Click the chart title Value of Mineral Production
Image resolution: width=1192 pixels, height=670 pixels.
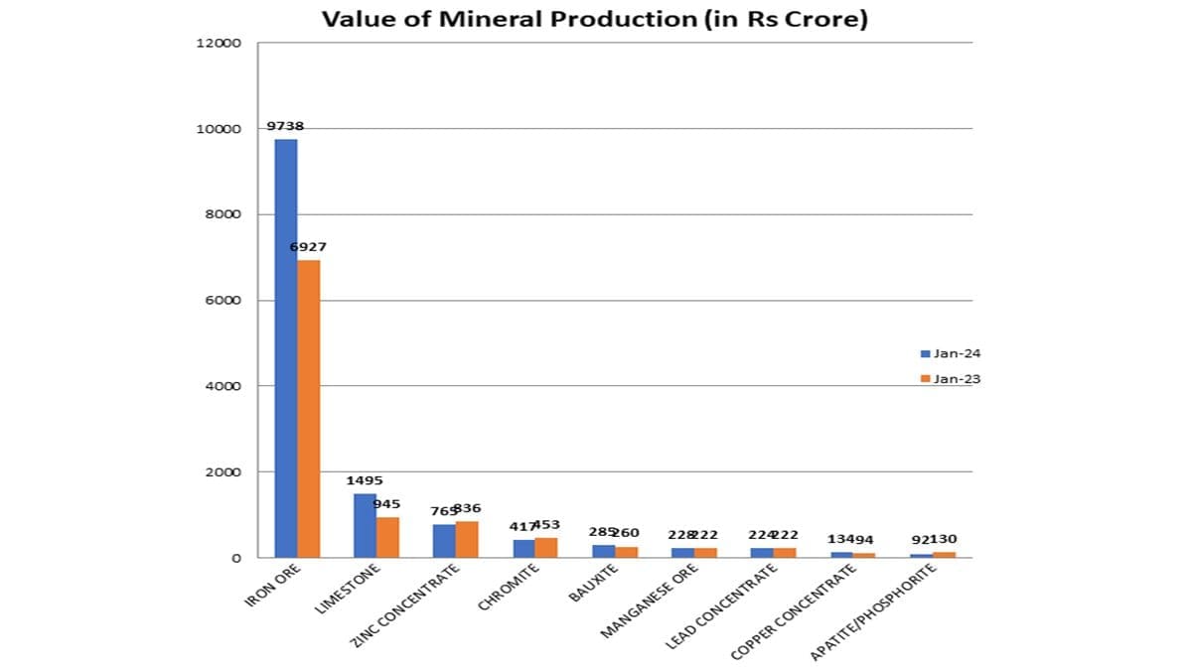594,20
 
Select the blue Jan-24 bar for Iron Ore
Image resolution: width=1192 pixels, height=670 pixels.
285,347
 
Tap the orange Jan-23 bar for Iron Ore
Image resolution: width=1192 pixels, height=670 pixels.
308,408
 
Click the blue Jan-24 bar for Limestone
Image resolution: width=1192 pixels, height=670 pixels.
365,525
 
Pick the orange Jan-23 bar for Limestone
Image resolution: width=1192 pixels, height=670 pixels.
387,537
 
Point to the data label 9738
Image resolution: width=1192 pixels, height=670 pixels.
285,126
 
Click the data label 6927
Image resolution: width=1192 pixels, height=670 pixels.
308,246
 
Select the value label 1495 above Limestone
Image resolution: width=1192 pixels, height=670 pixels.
365,480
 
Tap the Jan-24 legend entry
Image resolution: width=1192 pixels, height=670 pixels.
951,353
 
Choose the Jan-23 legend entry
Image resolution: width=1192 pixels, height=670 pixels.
951,378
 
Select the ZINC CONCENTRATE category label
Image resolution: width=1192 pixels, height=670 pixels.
406,605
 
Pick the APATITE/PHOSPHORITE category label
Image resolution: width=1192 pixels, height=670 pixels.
873,611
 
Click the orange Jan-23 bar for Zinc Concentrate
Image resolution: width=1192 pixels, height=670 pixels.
467,539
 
